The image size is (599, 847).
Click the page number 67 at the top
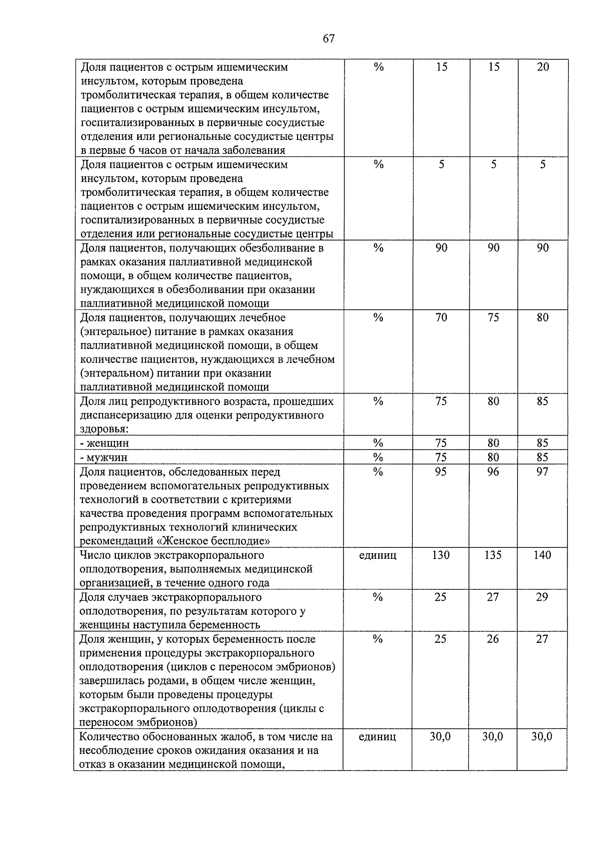point(328,38)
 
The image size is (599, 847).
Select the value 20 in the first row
point(543,67)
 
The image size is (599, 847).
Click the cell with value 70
point(441,318)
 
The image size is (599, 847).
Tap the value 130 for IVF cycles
point(441,555)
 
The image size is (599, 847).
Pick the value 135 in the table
point(493,555)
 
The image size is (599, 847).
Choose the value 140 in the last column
point(542,555)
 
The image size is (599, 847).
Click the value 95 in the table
point(441,472)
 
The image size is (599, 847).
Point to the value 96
point(493,472)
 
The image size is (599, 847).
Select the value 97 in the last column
point(542,472)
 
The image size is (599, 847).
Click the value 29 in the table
point(542,597)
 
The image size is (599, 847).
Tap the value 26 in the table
point(493,639)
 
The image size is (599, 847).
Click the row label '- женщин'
point(105,443)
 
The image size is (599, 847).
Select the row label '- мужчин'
point(104,457)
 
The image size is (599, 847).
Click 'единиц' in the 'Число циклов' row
point(378,555)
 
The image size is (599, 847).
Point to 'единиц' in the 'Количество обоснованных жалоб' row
point(378,737)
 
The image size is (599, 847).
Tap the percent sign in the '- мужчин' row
point(378,457)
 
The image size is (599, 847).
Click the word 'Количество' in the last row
point(111,737)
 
